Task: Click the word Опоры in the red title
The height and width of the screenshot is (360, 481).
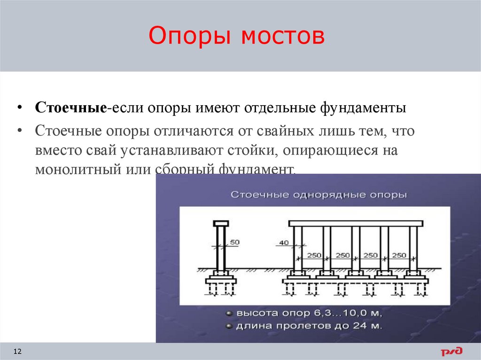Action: (x=190, y=37)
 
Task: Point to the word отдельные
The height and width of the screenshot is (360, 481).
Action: (x=281, y=108)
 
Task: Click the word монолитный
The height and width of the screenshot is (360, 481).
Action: (x=76, y=169)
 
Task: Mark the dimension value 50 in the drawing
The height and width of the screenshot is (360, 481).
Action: (x=234, y=242)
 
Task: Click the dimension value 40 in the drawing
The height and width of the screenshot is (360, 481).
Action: (x=284, y=242)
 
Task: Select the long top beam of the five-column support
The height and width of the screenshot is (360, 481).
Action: (x=357, y=223)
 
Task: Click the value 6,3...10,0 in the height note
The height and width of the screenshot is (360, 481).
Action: (x=339, y=313)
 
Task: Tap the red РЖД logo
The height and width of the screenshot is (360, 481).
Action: (x=451, y=351)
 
